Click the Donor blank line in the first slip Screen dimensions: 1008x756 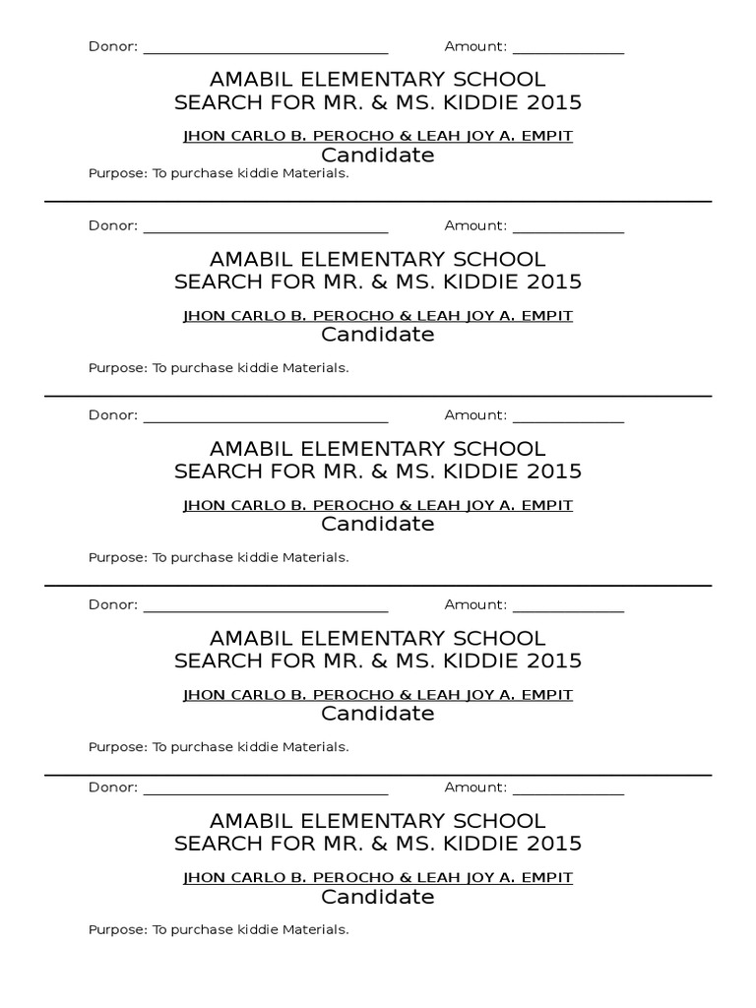pos(266,52)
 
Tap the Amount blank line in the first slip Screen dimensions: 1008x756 pos(568,52)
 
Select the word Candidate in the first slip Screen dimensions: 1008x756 pos(378,156)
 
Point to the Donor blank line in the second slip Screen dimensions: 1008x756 pos(266,231)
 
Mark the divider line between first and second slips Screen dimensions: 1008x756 pos(378,202)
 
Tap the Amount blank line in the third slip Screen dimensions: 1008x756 pos(568,421)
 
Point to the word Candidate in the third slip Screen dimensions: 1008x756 pos(378,524)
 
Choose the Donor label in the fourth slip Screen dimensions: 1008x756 pos(112,604)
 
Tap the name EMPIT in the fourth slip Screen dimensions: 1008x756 pos(548,695)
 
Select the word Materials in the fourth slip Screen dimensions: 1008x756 pos(315,747)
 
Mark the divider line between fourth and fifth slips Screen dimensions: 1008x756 pos(378,775)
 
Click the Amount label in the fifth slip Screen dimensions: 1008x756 pos(474,787)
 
